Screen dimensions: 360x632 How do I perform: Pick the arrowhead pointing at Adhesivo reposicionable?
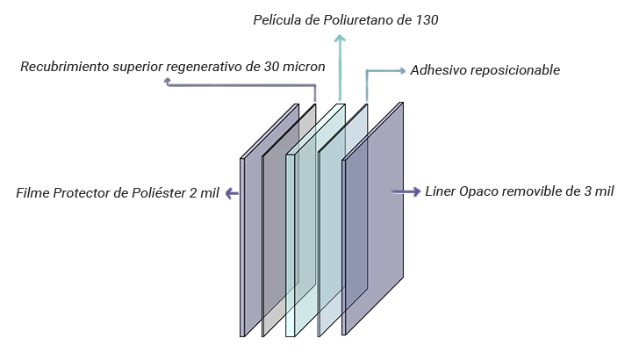tap(401, 70)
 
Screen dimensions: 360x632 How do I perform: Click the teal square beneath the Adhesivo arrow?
tap(381, 89)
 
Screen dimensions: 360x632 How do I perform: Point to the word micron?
tap(304, 67)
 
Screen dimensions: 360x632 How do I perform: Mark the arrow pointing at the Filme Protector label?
tap(233, 193)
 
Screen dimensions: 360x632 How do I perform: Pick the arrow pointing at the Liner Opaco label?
tap(409, 192)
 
